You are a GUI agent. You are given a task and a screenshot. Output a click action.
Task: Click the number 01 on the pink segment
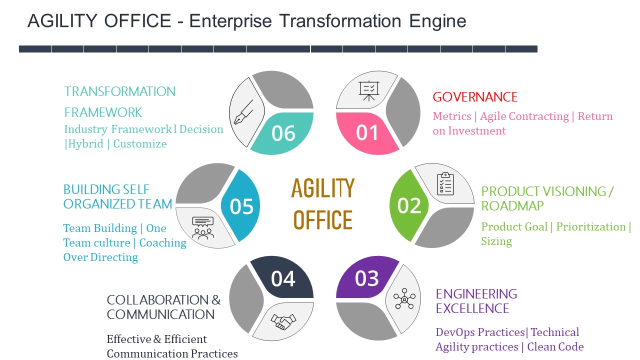(x=367, y=133)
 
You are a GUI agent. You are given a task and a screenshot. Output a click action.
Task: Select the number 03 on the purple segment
(x=367, y=279)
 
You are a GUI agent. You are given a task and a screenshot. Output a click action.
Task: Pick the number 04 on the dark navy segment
(x=283, y=279)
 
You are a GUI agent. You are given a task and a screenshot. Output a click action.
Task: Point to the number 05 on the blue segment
(x=241, y=206)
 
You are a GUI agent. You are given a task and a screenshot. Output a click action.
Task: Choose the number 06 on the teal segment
(x=283, y=133)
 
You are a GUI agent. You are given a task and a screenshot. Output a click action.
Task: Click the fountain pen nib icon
(x=243, y=112)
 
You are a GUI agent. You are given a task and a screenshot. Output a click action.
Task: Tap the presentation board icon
(x=369, y=91)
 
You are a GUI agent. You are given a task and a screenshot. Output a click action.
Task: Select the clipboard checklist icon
(x=445, y=183)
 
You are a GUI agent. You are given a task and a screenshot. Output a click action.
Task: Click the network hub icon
(x=404, y=299)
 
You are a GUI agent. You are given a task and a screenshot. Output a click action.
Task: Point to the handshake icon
(x=283, y=321)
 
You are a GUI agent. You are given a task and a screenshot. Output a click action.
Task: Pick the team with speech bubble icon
(x=202, y=227)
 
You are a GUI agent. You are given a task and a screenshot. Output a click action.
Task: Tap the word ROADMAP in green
(x=512, y=206)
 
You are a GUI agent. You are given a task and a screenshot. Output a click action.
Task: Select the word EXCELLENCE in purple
(x=472, y=308)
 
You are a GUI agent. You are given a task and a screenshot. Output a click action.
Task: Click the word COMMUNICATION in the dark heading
(x=160, y=314)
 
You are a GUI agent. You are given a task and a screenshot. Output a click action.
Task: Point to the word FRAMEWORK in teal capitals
(x=103, y=112)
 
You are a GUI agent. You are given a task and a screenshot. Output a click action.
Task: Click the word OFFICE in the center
(x=323, y=220)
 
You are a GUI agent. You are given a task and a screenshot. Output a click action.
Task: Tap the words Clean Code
(x=555, y=347)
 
